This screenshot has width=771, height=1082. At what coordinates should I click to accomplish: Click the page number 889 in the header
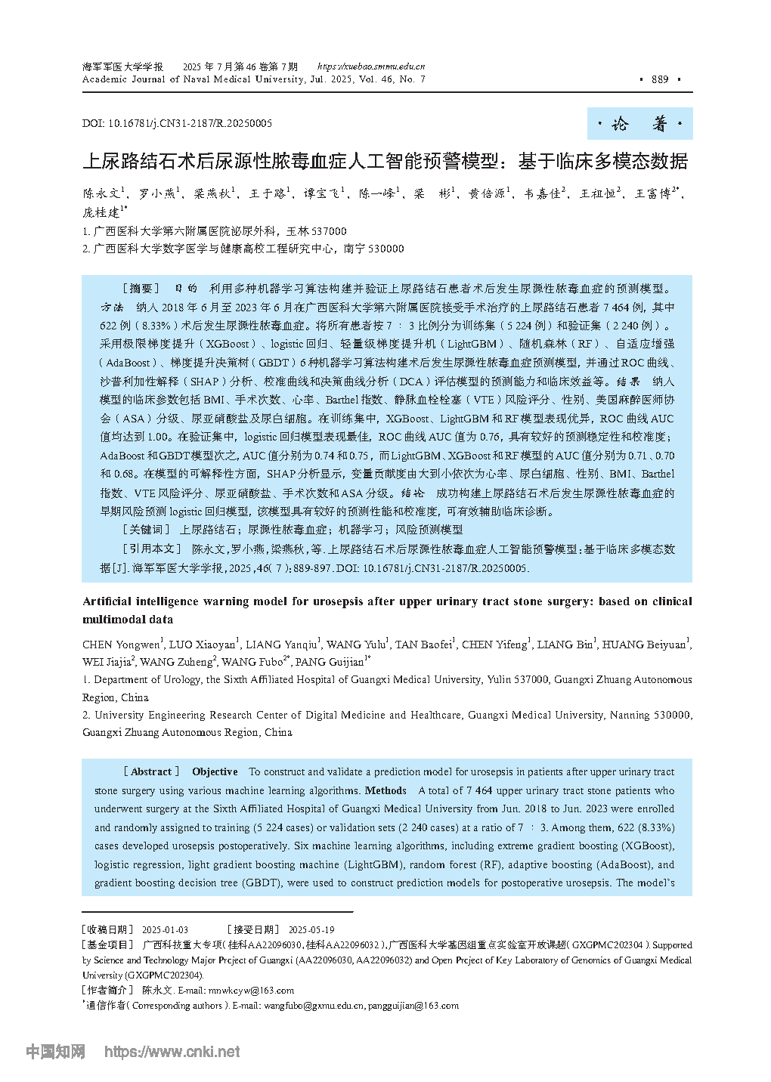[x=660, y=79]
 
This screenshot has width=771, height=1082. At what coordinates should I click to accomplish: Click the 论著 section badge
[x=639, y=124]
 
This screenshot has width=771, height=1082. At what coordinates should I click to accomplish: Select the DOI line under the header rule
[x=177, y=123]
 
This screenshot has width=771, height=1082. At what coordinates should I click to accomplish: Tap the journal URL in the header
[x=370, y=66]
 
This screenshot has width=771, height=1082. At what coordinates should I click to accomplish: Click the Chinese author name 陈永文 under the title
[x=101, y=194]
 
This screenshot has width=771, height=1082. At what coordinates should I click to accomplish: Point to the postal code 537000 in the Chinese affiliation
[x=329, y=231]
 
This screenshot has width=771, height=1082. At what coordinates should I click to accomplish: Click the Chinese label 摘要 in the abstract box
[x=141, y=289]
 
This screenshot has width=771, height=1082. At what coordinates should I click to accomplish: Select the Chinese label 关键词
[x=147, y=530]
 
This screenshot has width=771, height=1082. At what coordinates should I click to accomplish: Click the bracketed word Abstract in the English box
[x=151, y=771]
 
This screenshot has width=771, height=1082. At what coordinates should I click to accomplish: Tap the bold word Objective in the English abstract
[x=215, y=771]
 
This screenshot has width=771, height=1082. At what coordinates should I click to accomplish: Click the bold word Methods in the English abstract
[x=385, y=790]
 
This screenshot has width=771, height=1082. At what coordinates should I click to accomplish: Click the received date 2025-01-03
[x=165, y=929]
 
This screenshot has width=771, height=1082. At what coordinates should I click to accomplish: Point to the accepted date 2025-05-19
[x=311, y=929]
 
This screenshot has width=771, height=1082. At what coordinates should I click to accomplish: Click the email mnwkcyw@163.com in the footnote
[x=251, y=990]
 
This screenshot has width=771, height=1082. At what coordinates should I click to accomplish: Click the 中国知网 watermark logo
[x=55, y=1051]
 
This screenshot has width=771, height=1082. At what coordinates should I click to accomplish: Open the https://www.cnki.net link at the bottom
[x=172, y=1051]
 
